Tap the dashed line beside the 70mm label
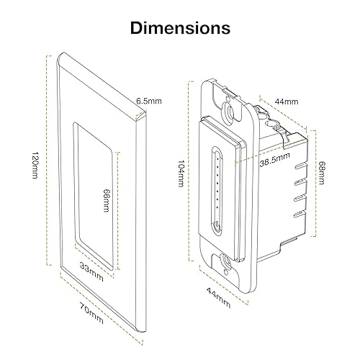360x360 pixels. (x=86, y=303)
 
